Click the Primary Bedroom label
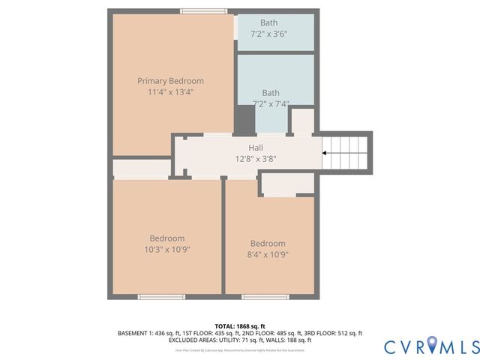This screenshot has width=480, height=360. click(170, 81)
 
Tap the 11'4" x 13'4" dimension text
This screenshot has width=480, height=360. click(170, 92)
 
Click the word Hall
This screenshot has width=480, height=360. click(255, 148)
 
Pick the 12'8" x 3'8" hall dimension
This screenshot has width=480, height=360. click(255, 158)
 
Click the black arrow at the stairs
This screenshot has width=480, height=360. click(324, 153)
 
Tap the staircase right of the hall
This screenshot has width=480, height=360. click(346, 152)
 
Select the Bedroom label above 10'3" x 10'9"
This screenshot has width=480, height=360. click(166, 238)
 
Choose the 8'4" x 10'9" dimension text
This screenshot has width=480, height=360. click(268, 254)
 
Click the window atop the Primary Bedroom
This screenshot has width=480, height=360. click(204, 11)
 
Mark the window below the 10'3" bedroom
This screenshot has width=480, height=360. click(161, 297)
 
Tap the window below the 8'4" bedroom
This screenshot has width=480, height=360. click(265, 297)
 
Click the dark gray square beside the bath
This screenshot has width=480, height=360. click(245, 120)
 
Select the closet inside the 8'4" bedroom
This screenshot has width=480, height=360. click(287, 184)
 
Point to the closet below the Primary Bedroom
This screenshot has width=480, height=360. click(142, 168)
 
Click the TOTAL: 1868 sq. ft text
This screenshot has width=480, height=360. click(240, 326)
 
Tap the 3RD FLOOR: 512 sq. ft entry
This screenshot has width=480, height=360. click(336, 333)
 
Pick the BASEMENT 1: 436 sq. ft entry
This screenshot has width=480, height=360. click(147, 333)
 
